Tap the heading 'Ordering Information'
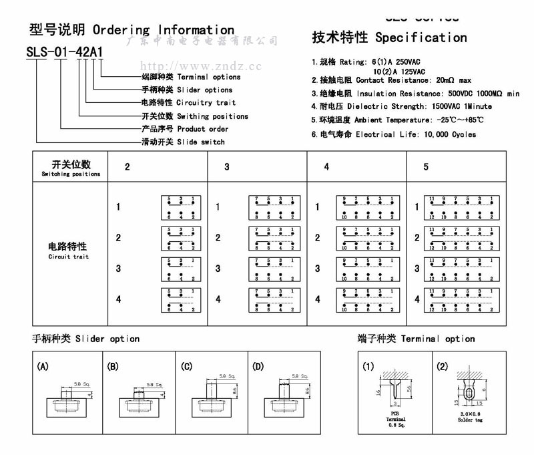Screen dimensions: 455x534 (164, 30)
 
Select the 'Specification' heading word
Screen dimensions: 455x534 (421, 37)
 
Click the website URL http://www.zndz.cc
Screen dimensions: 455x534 (200, 66)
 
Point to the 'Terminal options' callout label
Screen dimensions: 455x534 (208, 77)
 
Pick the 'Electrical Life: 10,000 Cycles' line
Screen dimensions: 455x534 (394, 134)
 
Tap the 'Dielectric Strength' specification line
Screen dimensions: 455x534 (402, 106)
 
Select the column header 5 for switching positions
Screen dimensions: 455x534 (426, 167)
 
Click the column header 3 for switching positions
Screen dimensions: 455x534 (227, 167)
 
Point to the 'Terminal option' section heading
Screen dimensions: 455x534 (437, 339)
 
